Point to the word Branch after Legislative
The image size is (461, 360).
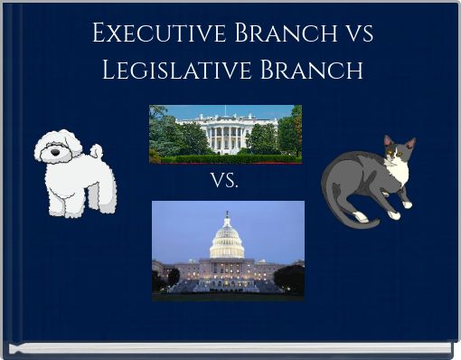pos(308,69)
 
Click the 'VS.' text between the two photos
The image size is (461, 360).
pos(225,181)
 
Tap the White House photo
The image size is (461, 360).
pos(225,134)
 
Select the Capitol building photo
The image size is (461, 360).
pos(228,251)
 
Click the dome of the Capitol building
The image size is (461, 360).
pos(227,239)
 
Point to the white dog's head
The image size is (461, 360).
pos(58,148)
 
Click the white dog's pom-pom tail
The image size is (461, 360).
pos(96,151)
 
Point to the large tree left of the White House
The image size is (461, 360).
pos(165,131)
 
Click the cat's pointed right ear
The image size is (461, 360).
pos(410,143)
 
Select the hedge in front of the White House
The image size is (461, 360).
pos(225,158)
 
